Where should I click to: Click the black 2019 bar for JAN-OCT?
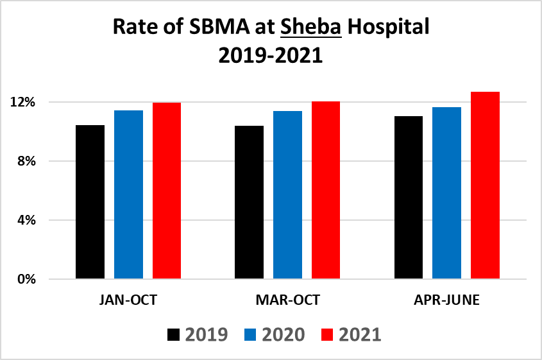click(x=90, y=202)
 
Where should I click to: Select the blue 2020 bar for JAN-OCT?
click(x=128, y=195)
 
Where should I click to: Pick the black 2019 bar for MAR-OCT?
click(x=249, y=203)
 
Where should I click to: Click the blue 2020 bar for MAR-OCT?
click(x=287, y=195)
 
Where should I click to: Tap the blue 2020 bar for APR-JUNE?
click(x=446, y=193)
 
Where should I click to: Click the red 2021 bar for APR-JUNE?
click(x=485, y=185)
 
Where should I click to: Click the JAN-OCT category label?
click(x=128, y=300)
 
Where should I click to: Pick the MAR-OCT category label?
click(x=287, y=300)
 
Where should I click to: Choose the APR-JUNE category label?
click(x=446, y=300)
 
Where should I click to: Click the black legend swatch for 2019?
click(x=173, y=334)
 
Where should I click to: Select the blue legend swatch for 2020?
click(x=250, y=334)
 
